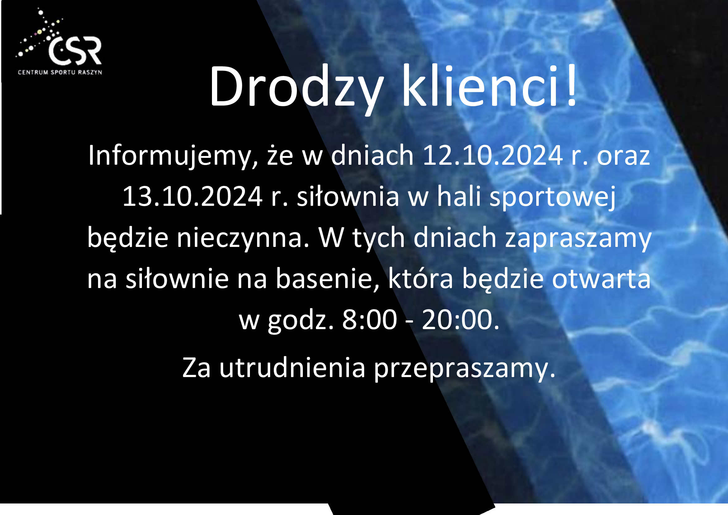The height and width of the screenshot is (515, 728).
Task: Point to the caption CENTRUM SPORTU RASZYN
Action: point(60,72)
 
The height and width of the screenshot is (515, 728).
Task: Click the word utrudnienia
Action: point(292,368)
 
